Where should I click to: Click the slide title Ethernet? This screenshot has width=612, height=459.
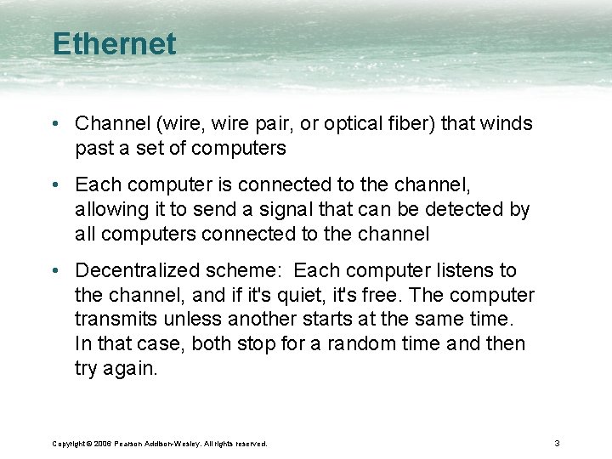pyautogui.click(x=114, y=44)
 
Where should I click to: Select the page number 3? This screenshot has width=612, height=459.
pyautogui.click(x=556, y=444)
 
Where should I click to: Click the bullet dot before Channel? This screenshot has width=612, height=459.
pyautogui.click(x=55, y=124)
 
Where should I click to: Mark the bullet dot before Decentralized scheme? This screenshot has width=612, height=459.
pyautogui.click(x=55, y=270)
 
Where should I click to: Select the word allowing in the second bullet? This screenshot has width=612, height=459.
pyautogui.click(x=106, y=209)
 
